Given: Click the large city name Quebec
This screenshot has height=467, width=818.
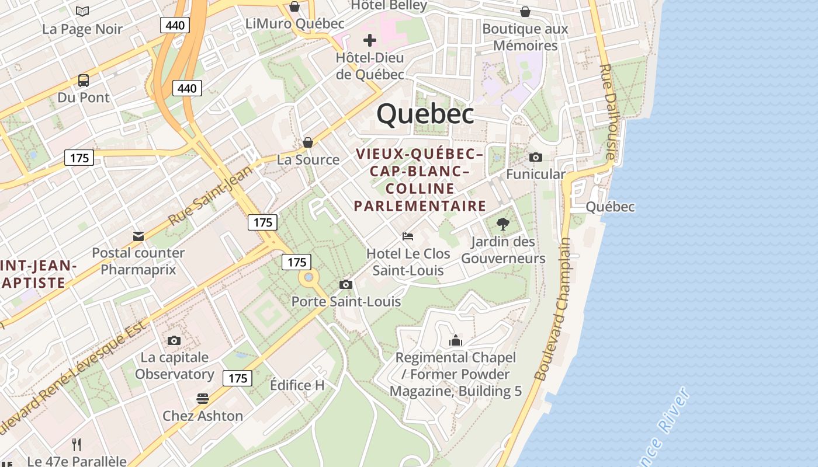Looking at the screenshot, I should point(425,113).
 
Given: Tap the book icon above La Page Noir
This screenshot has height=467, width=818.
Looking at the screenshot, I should point(82,11).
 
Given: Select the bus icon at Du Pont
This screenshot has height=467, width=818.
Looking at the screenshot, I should point(84,81).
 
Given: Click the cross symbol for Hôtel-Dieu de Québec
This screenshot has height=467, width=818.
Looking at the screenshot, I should point(369,40).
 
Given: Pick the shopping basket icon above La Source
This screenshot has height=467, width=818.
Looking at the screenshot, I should point(308,142).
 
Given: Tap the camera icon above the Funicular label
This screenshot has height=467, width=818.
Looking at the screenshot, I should point(535,157).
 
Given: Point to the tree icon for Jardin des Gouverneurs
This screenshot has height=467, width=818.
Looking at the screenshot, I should point(502,224).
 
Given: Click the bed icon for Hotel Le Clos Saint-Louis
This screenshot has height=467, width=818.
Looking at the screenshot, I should point(408,236).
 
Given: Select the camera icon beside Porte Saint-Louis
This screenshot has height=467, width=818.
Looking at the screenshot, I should point(346,284).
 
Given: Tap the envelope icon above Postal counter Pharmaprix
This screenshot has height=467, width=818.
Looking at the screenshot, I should point(138,236).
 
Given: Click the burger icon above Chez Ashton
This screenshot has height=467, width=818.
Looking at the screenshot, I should point(203,399).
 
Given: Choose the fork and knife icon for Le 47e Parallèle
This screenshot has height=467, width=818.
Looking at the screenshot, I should point(77,445).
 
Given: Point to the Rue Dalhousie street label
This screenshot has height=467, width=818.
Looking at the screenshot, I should point(608,111).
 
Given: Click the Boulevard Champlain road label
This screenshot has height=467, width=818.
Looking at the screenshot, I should point(552,309).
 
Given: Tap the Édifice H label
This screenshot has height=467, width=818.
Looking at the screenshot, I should point(297,385).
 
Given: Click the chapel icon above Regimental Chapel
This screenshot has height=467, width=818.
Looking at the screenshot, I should point(455,340).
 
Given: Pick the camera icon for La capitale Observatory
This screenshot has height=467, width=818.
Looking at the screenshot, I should point(174,340).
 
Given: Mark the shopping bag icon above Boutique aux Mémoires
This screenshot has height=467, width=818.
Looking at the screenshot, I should point(525,12).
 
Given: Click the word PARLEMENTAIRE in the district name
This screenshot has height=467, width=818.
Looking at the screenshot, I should point(420,205).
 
